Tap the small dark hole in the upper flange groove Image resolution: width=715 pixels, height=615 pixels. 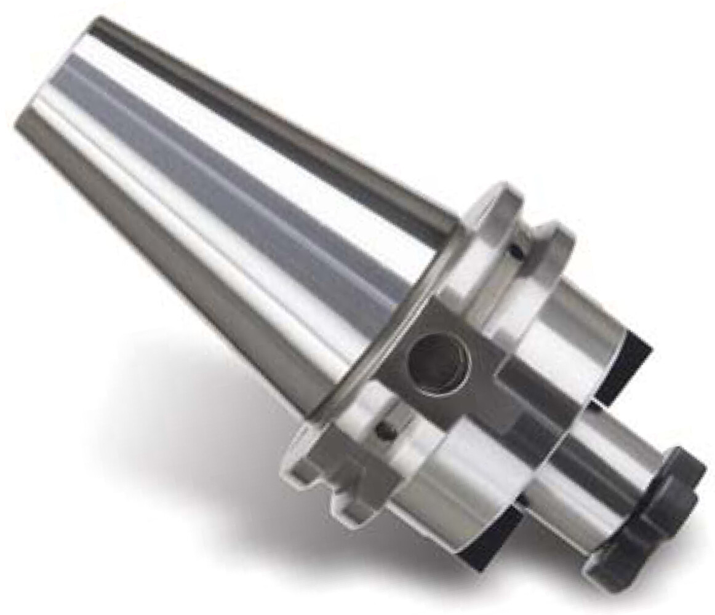point(515,252)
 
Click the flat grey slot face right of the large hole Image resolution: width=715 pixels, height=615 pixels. point(486,394)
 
